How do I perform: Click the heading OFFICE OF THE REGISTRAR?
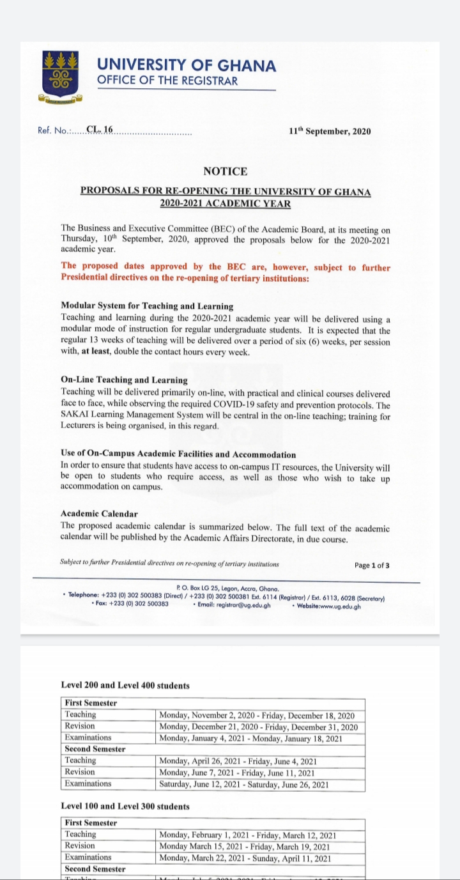click(167, 81)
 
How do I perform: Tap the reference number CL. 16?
click(99, 130)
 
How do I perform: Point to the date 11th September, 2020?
click(329, 132)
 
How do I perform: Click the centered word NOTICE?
click(225, 171)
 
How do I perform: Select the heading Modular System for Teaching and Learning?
click(147, 306)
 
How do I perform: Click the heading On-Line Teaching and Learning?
click(124, 380)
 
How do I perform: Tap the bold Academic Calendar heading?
click(99, 514)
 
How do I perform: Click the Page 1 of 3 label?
click(371, 566)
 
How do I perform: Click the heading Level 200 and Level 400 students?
click(125, 686)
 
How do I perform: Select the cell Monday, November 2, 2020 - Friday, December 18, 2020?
click(256, 716)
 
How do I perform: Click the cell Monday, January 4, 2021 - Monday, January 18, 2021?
click(250, 739)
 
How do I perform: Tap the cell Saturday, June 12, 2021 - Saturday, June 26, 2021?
click(244, 785)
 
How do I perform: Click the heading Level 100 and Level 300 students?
click(125, 807)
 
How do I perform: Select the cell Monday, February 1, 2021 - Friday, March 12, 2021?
click(248, 835)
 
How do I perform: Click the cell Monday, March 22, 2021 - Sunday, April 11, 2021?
click(245, 858)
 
